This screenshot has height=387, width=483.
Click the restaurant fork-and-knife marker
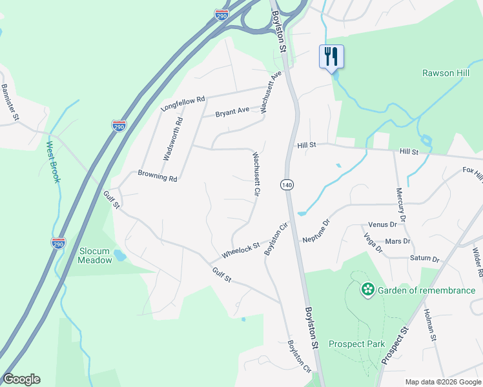tap(331, 56)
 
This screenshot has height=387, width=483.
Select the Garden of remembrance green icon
tap(367, 290)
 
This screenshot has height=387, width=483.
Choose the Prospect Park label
tap(356, 344)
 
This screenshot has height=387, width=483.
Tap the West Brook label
tap(52, 162)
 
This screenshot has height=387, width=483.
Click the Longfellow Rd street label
tap(183, 104)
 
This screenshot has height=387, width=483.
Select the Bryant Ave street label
tap(232, 110)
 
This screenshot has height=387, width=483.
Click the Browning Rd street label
tap(158, 175)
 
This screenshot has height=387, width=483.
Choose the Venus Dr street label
tap(382, 224)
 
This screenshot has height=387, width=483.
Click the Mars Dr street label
tap(397, 241)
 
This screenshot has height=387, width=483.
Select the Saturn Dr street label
tap(424, 259)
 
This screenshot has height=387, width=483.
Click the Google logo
tap(21, 379)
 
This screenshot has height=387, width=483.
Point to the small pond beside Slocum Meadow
tap(120, 256)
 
